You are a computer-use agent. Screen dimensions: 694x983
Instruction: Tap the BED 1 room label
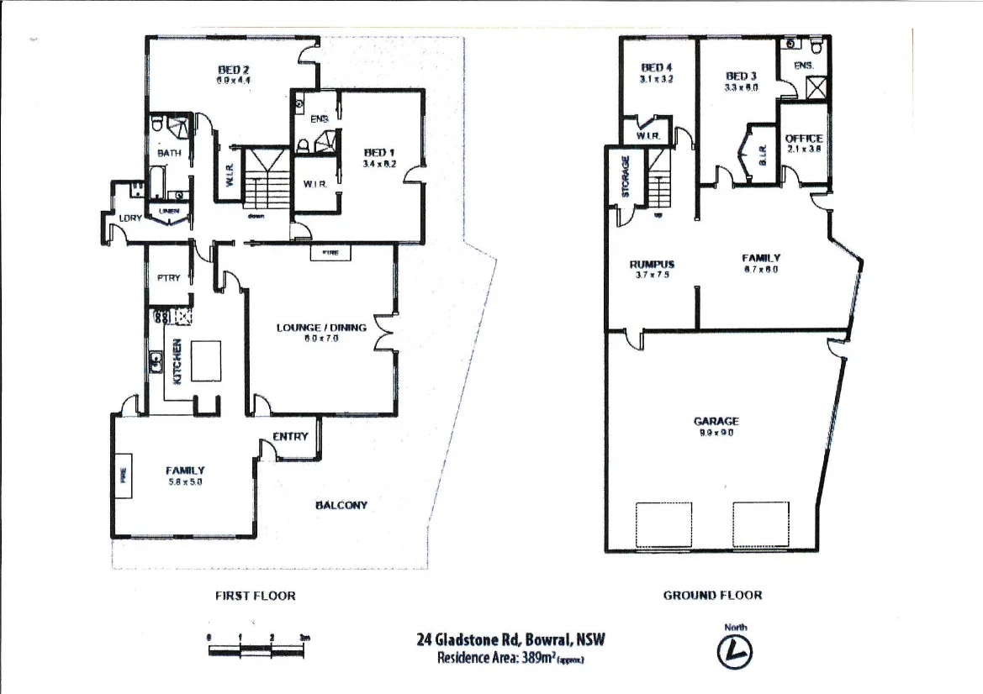pyautogui.click(x=374, y=152)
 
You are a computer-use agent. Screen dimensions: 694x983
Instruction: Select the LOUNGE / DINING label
pyautogui.click(x=321, y=327)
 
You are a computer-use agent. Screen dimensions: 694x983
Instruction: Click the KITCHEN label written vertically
pyautogui.click(x=177, y=361)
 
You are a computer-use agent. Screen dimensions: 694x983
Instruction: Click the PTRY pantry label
pyautogui.click(x=168, y=278)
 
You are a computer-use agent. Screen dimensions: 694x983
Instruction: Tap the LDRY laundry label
pyautogui.click(x=129, y=218)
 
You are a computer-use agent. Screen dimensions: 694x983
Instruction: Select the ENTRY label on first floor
pyautogui.click(x=290, y=437)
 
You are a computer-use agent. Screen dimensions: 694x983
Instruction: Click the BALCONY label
pyautogui.click(x=341, y=505)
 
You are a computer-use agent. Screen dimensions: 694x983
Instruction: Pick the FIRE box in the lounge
pyautogui.click(x=330, y=252)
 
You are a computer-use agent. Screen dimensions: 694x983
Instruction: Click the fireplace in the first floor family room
pyautogui.click(x=123, y=476)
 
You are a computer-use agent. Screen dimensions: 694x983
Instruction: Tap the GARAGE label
pyautogui.click(x=716, y=421)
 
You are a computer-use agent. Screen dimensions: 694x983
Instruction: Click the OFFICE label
pyautogui.click(x=803, y=139)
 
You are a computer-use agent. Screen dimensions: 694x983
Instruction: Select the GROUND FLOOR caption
pyautogui.click(x=712, y=595)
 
